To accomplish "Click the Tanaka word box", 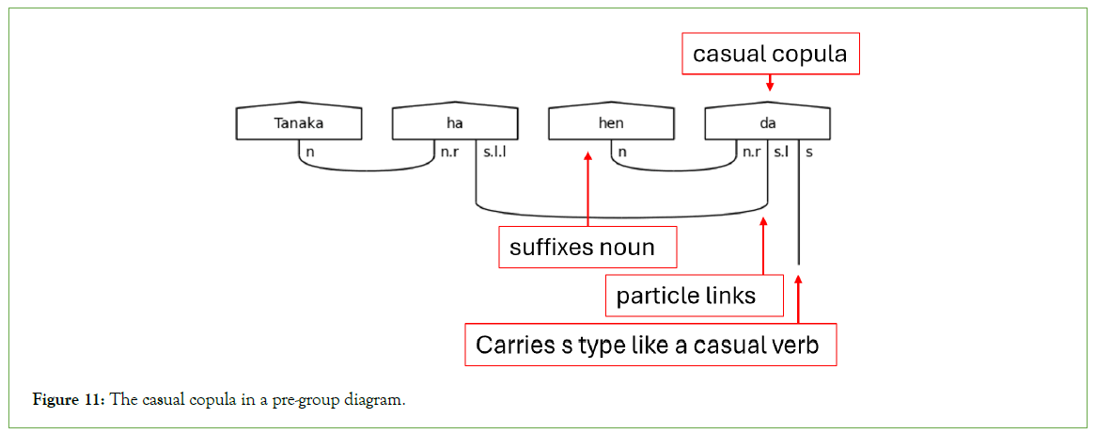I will pos(298,123).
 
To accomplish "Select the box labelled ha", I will pos(455,123).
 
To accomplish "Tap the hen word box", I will pos(611,123).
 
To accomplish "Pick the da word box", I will pos(767,123).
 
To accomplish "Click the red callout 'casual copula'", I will pos(770,55).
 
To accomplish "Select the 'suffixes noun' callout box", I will pos(587,248).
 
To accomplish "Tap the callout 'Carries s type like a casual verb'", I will pos(650,345).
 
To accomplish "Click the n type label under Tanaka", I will pos(309,151).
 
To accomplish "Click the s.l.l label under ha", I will pos(494,151).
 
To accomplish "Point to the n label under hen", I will pos(622,151).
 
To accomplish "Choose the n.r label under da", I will pos(751,151).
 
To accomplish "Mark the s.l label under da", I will pos(781,151).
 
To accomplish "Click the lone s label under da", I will pos(809,151).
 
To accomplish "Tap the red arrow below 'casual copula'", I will pos(770,84).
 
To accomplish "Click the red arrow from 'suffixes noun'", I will pos(587,188).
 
